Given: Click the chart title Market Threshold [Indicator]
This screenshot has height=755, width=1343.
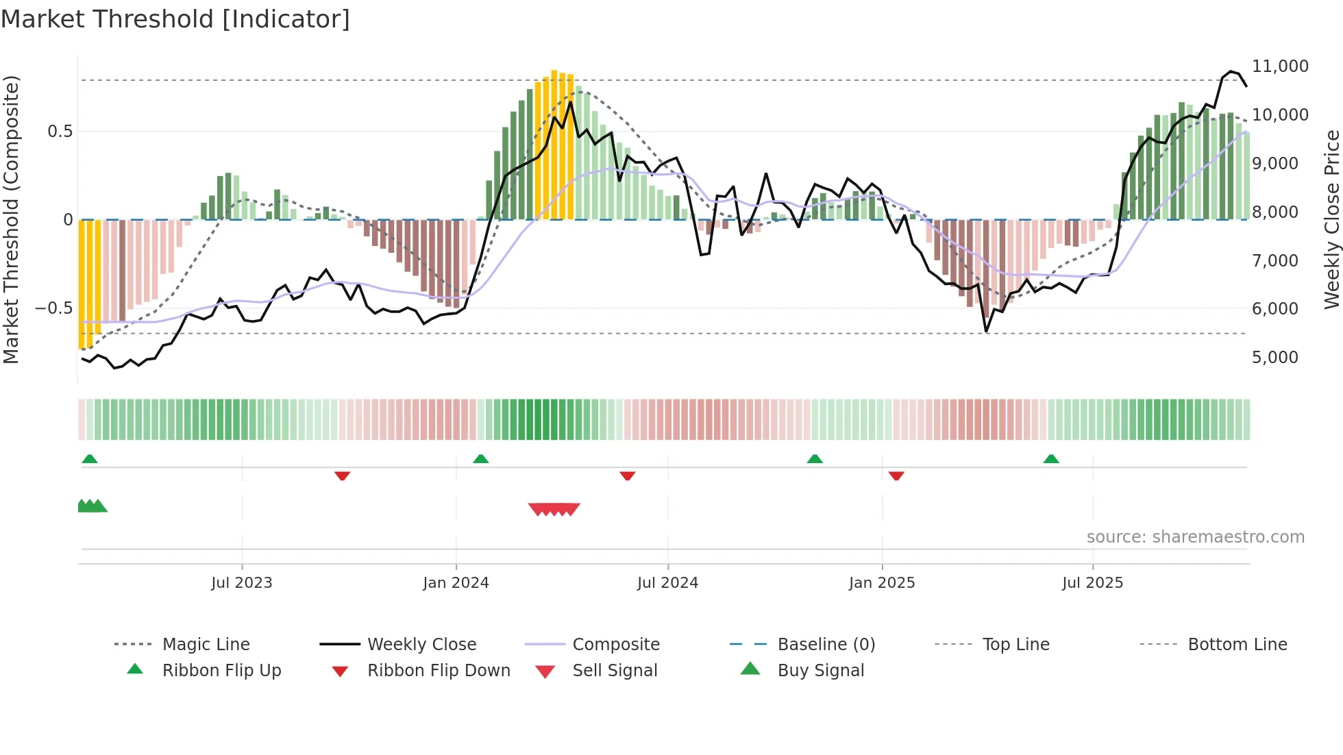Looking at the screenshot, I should [175, 19].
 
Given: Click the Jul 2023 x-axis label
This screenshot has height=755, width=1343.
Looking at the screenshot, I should [241, 583].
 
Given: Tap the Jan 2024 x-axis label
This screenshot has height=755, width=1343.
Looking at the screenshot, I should [456, 583].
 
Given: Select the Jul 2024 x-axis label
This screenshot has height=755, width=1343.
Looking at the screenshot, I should [667, 583].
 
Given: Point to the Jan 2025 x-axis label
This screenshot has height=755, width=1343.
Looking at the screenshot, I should [882, 583].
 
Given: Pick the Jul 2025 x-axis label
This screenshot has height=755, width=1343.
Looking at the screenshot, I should [1092, 583].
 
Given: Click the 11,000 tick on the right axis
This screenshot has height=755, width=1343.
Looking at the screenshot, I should [1279, 66].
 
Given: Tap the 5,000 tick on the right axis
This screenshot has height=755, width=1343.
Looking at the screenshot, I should [1274, 358].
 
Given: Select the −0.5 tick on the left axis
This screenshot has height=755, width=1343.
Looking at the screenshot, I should [53, 308].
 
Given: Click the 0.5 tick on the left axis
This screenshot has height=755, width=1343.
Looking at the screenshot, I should [60, 132].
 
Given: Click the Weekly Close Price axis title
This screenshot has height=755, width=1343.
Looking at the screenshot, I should [1331, 219].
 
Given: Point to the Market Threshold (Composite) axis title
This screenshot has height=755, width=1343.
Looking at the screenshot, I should [11, 219].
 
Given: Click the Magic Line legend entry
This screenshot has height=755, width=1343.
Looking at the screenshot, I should [206, 645].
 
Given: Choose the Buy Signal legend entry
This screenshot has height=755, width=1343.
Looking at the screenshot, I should [820, 671].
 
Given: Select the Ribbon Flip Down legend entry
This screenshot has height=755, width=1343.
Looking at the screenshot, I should [439, 671].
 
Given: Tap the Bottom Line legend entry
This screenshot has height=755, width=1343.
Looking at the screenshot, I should [1237, 645].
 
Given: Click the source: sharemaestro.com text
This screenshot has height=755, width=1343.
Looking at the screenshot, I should [1195, 537].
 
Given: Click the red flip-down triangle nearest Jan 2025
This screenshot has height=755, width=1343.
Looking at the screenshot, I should [896, 475].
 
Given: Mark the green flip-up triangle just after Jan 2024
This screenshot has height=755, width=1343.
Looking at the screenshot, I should [480, 459].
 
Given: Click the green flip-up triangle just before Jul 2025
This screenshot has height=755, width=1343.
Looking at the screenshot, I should [1051, 459].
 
